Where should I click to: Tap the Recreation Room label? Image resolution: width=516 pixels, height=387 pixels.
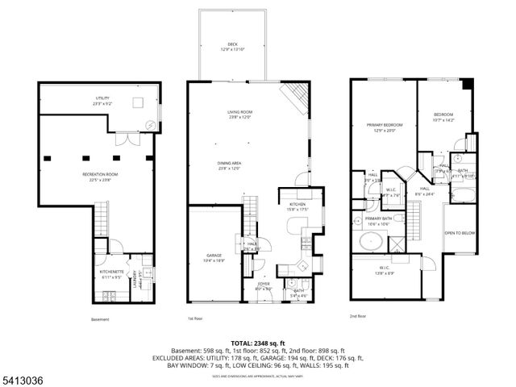(101, 177)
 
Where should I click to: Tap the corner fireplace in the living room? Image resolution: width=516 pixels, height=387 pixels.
(293, 98)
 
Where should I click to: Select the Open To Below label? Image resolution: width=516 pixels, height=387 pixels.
(457, 233)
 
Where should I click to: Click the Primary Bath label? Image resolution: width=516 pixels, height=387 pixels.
(379, 220)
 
